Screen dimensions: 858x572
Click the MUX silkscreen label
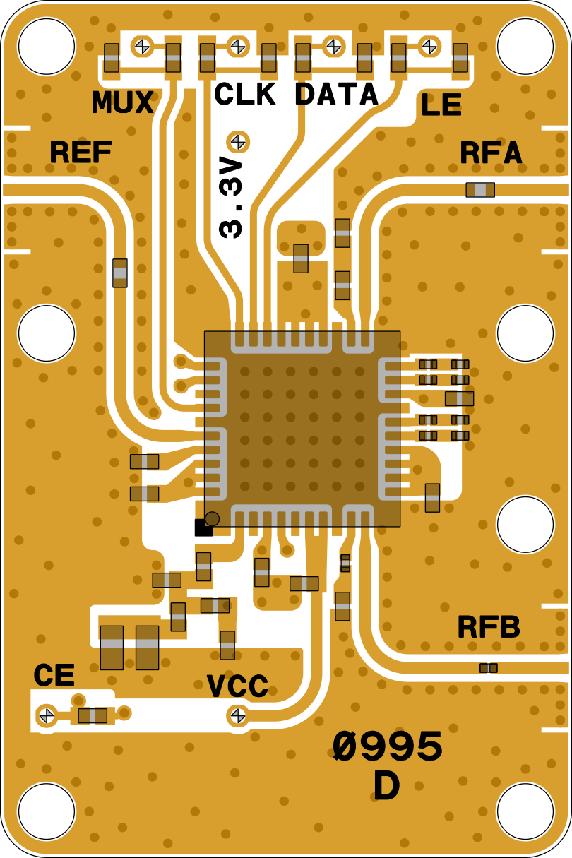(122, 103)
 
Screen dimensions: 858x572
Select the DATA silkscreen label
(336, 95)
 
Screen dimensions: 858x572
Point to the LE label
(441, 106)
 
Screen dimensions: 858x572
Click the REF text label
(81, 152)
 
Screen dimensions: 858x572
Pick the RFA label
(491, 153)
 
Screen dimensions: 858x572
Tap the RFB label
(489, 627)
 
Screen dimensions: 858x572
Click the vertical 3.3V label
(232, 198)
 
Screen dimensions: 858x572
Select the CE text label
(54, 676)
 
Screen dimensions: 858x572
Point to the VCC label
(237, 686)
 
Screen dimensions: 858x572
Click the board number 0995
(388, 747)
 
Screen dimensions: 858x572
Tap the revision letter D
(386, 787)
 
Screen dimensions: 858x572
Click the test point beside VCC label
(238, 715)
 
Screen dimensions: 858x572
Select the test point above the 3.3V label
(238, 141)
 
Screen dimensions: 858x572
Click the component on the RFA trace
(480, 189)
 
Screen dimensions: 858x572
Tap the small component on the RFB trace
(488, 667)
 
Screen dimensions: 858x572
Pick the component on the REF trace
(120, 273)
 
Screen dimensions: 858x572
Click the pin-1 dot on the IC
(212, 518)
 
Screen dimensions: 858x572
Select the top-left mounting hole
(47, 47)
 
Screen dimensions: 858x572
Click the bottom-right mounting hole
(525, 811)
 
